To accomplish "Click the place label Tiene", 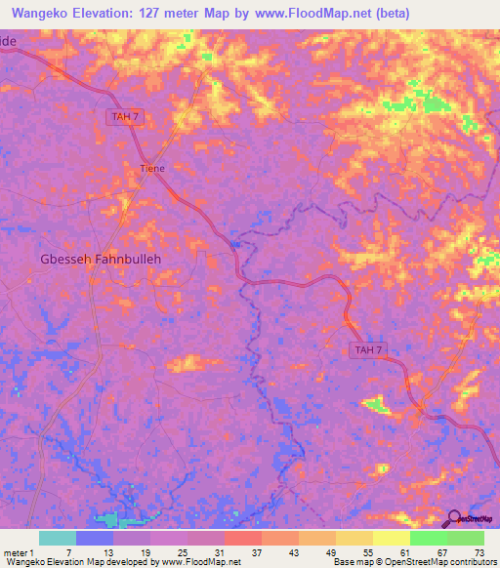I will click(x=151, y=168).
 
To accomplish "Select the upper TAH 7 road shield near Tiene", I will click(x=124, y=116).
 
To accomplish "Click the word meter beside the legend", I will click(x=16, y=552).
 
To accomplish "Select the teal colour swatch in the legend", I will click(x=58, y=538).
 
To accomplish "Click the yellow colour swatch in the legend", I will click(x=392, y=538).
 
